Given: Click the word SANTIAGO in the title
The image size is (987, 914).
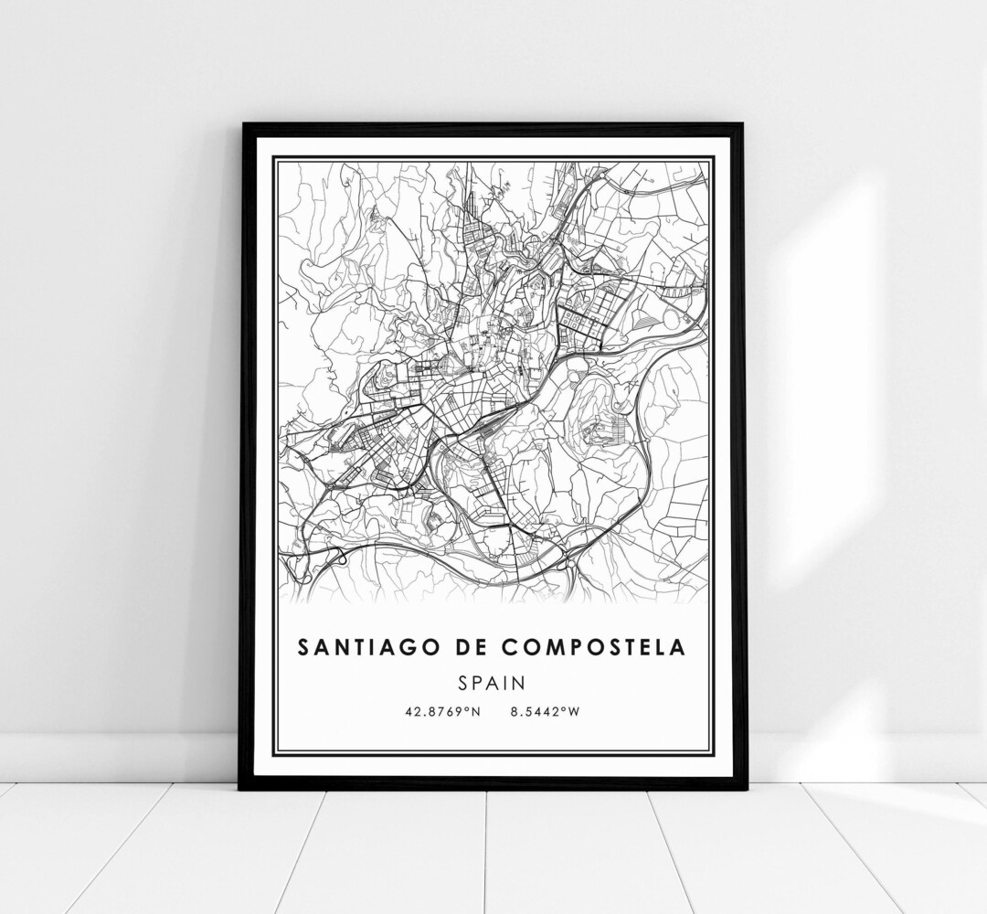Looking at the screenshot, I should [x=360, y=647].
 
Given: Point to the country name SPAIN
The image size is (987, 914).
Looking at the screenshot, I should [x=492, y=683].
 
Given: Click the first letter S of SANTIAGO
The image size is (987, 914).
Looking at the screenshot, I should [x=302, y=647].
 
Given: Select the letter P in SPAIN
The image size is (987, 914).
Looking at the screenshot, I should [x=475, y=683].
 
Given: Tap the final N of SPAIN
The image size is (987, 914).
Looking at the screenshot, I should [x=519, y=683].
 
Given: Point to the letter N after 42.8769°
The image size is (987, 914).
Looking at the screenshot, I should [x=475, y=711].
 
